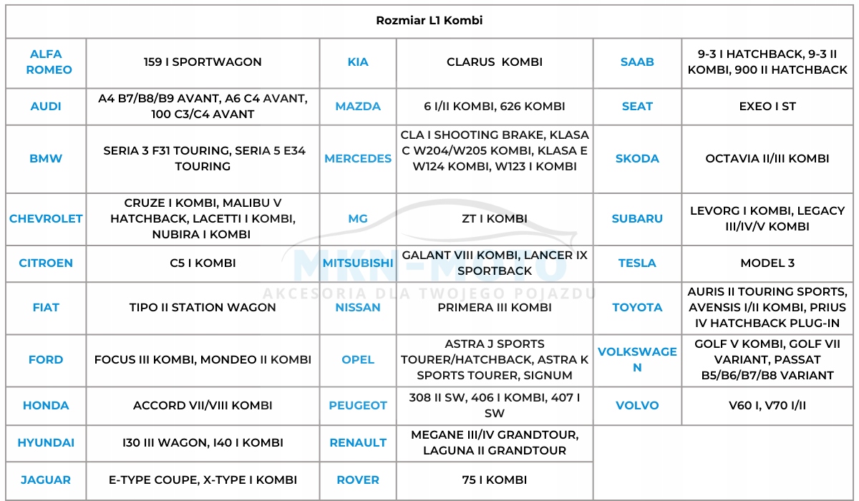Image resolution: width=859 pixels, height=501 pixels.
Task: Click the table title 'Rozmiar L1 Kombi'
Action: [x=429, y=21]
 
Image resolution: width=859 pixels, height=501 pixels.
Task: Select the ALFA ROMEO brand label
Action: [x=46, y=62]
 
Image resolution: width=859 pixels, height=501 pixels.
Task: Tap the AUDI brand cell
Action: [x=46, y=107]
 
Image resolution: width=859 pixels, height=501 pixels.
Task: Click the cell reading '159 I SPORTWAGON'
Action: [x=203, y=62]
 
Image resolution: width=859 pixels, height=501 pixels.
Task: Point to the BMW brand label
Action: [x=46, y=159]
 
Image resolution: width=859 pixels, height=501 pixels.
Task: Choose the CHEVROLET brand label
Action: [x=46, y=219]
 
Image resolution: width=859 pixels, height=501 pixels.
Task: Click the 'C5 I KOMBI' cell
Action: [x=203, y=263]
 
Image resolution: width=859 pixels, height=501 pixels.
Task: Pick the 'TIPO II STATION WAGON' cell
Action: [x=203, y=308]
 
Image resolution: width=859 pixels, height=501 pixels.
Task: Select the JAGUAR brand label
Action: [x=46, y=480]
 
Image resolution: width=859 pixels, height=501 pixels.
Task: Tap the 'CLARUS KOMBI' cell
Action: [x=495, y=62]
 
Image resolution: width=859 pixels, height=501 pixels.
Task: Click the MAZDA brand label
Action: [x=358, y=107]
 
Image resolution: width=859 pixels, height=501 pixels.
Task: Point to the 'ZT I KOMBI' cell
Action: [x=495, y=219]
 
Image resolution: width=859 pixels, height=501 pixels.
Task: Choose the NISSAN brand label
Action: [x=358, y=308]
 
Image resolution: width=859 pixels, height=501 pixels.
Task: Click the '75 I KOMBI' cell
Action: [x=495, y=480]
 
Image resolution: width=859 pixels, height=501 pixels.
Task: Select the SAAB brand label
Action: [x=637, y=62]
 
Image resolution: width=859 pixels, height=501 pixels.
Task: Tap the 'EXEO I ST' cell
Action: [x=767, y=107]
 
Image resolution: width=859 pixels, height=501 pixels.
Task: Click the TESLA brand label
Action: [x=637, y=263]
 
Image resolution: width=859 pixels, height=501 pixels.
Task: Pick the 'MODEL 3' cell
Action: [x=767, y=263]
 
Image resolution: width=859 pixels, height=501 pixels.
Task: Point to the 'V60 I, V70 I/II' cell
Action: [x=767, y=406]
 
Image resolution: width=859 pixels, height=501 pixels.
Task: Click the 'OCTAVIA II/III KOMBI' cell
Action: [x=767, y=159]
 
